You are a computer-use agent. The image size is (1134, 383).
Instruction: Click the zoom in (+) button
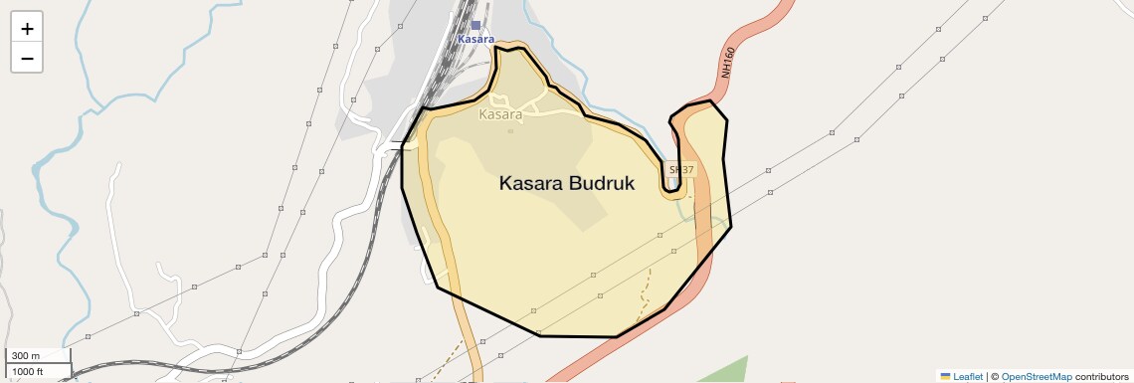point(27,29)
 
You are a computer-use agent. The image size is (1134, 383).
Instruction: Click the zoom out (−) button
point(27,58)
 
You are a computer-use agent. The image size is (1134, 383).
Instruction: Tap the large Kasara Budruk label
point(566,184)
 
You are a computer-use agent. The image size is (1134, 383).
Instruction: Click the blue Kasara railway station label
point(475,39)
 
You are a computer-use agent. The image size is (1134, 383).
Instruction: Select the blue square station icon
point(475,25)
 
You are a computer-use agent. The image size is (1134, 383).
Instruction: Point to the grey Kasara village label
point(500,114)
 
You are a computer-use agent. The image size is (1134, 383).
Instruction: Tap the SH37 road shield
point(680,170)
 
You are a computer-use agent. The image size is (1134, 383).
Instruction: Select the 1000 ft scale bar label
point(29,371)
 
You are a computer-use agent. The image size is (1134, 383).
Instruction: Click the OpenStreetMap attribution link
point(1037,377)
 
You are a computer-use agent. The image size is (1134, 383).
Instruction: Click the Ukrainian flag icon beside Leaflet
point(945,377)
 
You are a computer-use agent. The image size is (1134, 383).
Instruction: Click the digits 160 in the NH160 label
point(730,56)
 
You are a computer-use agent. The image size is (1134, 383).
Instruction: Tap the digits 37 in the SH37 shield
point(685,170)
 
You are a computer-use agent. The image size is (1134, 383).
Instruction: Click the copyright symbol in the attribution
point(995,377)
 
